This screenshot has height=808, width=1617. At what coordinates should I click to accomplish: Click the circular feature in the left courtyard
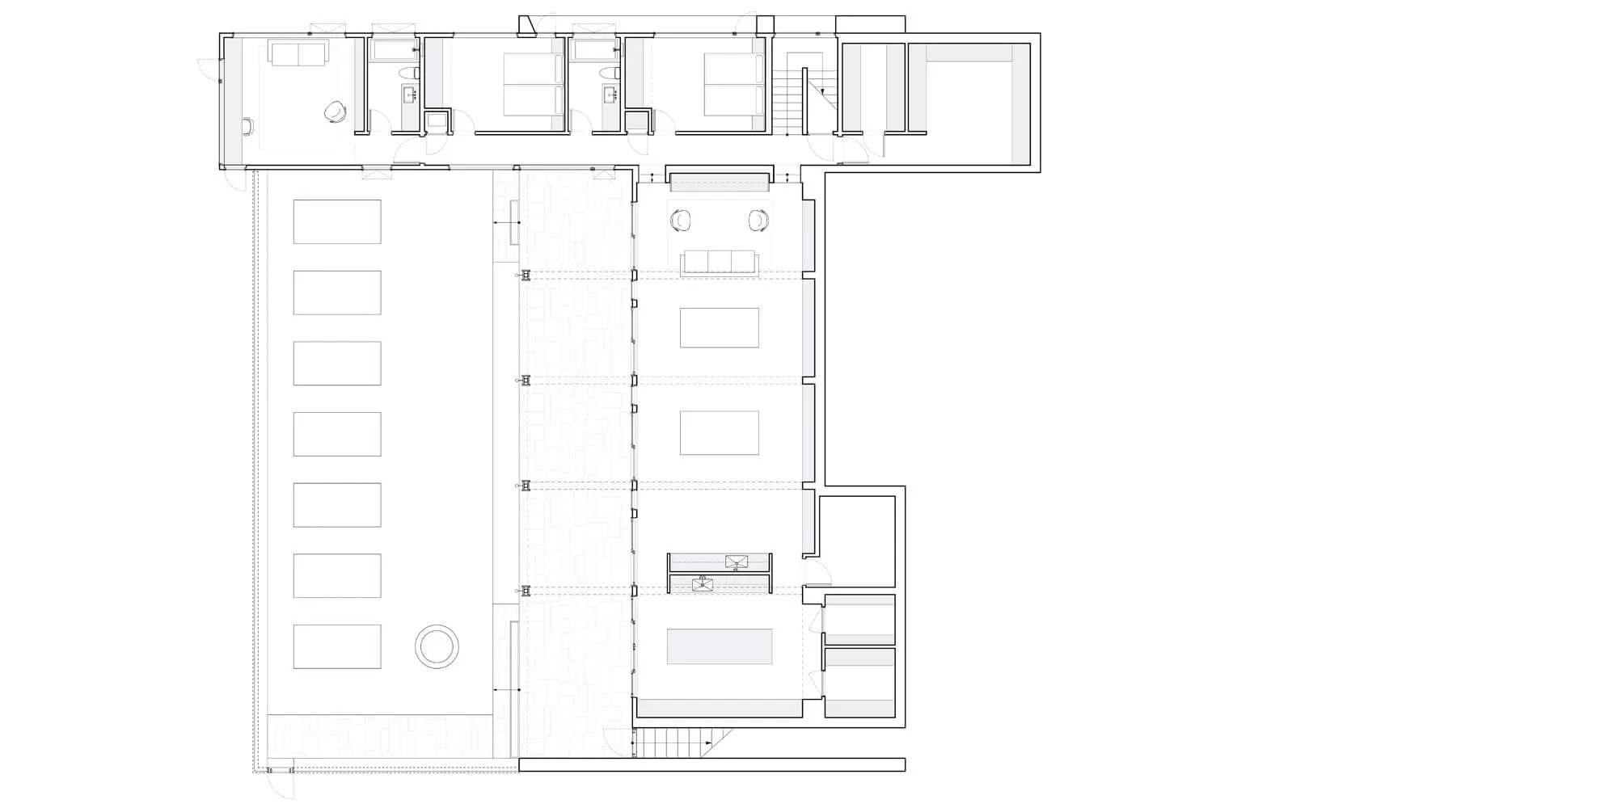[x=437, y=646]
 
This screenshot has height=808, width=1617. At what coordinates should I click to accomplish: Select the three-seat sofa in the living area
[x=720, y=262]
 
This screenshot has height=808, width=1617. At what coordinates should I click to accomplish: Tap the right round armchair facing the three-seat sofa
[x=758, y=220]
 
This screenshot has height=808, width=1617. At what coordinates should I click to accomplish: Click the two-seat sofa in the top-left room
[x=298, y=55]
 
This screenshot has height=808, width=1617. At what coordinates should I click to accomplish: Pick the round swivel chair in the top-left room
[x=333, y=112]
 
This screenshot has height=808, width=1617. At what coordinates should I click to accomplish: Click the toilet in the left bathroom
[x=409, y=74]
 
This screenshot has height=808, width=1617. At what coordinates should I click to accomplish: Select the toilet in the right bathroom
[x=609, y=74]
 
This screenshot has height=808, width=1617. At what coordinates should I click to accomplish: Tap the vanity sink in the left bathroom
[x=408, y=95]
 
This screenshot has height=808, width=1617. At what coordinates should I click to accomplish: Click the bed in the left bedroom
[x=533, y=86]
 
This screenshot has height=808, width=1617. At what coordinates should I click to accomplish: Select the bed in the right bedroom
[x=733, y=86]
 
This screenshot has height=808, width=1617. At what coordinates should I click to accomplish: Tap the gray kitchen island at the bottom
[x=719, y=646]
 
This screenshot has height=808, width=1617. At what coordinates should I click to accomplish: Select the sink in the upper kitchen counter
[x=737, y=562]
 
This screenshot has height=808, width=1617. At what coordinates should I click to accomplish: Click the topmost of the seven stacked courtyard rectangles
[x=337, y=221]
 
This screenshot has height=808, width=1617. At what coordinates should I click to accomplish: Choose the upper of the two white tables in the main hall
[x=719, y=328]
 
